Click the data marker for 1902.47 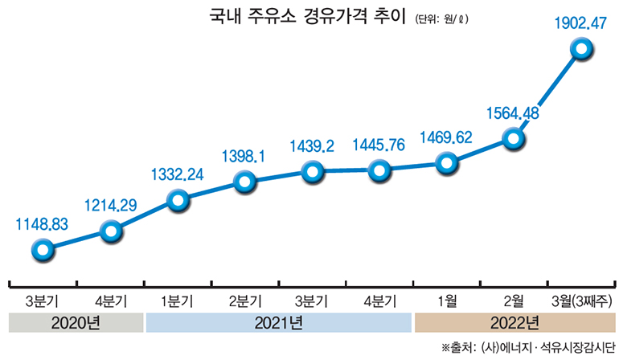pos(580,50)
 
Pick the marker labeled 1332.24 pos(178,201)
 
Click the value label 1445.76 pos(379,145)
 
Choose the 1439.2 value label pos(314,145)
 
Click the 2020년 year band pos(76,324)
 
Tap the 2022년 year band pos(513,324)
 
